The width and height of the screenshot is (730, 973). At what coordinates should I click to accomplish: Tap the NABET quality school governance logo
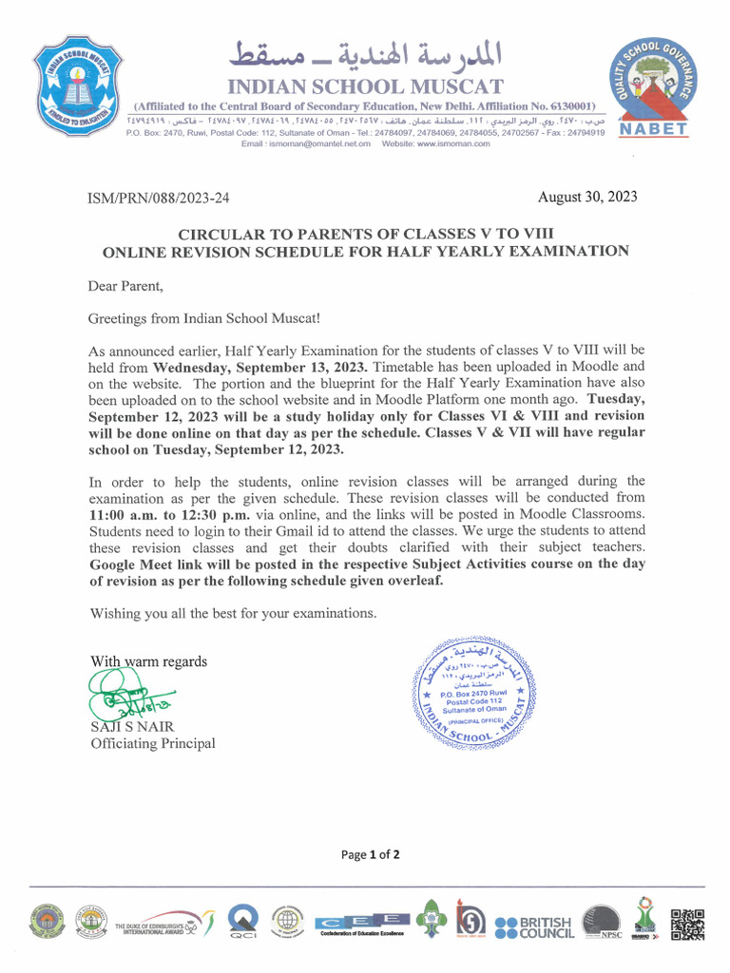654,89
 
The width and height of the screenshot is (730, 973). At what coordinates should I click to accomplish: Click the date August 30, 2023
587,198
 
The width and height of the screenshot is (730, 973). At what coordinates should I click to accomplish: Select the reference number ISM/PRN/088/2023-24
159,199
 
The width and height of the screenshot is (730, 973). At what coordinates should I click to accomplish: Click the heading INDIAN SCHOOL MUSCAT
365,86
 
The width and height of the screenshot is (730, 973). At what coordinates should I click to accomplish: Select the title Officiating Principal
152,743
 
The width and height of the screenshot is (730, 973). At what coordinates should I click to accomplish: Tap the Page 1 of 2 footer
370,854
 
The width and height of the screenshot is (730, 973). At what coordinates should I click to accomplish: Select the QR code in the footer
687,925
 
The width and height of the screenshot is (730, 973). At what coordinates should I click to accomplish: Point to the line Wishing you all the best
233,613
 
